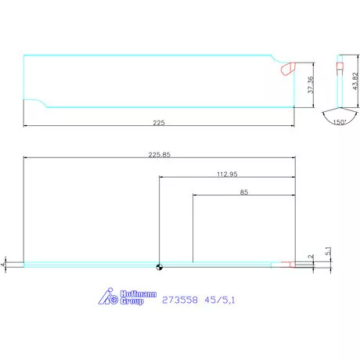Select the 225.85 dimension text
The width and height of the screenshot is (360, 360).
point(160,154)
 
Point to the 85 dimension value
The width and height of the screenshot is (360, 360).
point(244,191)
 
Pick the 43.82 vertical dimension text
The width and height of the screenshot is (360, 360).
point(355,81)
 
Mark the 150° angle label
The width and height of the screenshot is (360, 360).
point(339,123)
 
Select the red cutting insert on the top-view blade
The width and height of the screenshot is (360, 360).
point(286,69)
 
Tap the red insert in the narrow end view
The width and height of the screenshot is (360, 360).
point(340,65)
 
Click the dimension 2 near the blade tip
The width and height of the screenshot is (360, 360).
point(311,256)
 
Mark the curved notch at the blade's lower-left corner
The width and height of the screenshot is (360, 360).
point(36,103)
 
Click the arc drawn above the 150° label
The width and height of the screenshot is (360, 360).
point(339,115)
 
